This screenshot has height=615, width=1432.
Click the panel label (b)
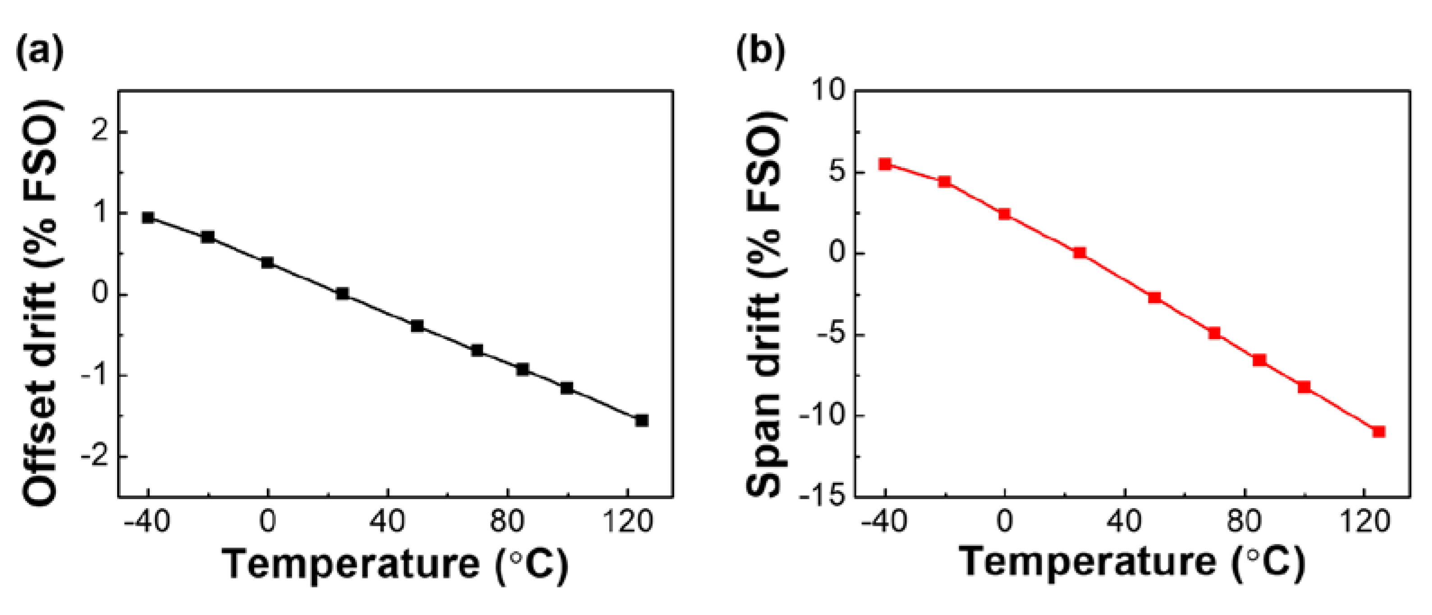click(x=760, y=53)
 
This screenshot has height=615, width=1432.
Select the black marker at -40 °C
click(x=148, y=217)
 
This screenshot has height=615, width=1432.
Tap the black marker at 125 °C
click(x=641, y=420)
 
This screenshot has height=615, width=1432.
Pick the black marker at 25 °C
click(x=343, y=294)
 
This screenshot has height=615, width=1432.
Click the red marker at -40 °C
click(x=885, y=164)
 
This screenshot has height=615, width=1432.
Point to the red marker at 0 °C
click(x=1004, y=214)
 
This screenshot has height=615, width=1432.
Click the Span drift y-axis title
click(x=764, y=303)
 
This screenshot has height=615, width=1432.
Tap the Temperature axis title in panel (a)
click(x=395, y=565)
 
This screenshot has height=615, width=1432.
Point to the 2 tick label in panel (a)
click(x=101, y=132)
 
